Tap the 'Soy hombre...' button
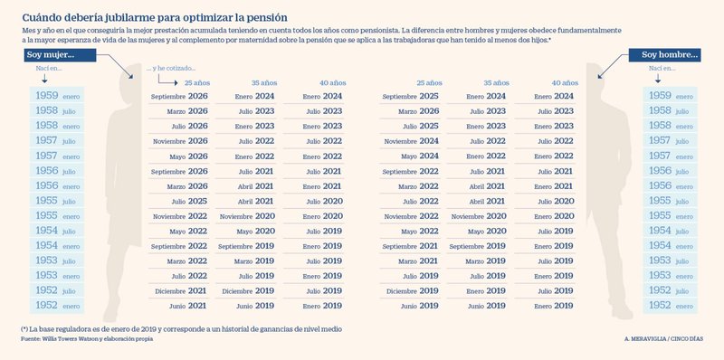tap(670, 56)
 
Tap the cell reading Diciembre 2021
tap(180, 291)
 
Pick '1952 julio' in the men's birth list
tap(670, 291)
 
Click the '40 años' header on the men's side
tap(564, 82)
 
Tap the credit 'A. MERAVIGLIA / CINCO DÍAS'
tap(663, 338)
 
